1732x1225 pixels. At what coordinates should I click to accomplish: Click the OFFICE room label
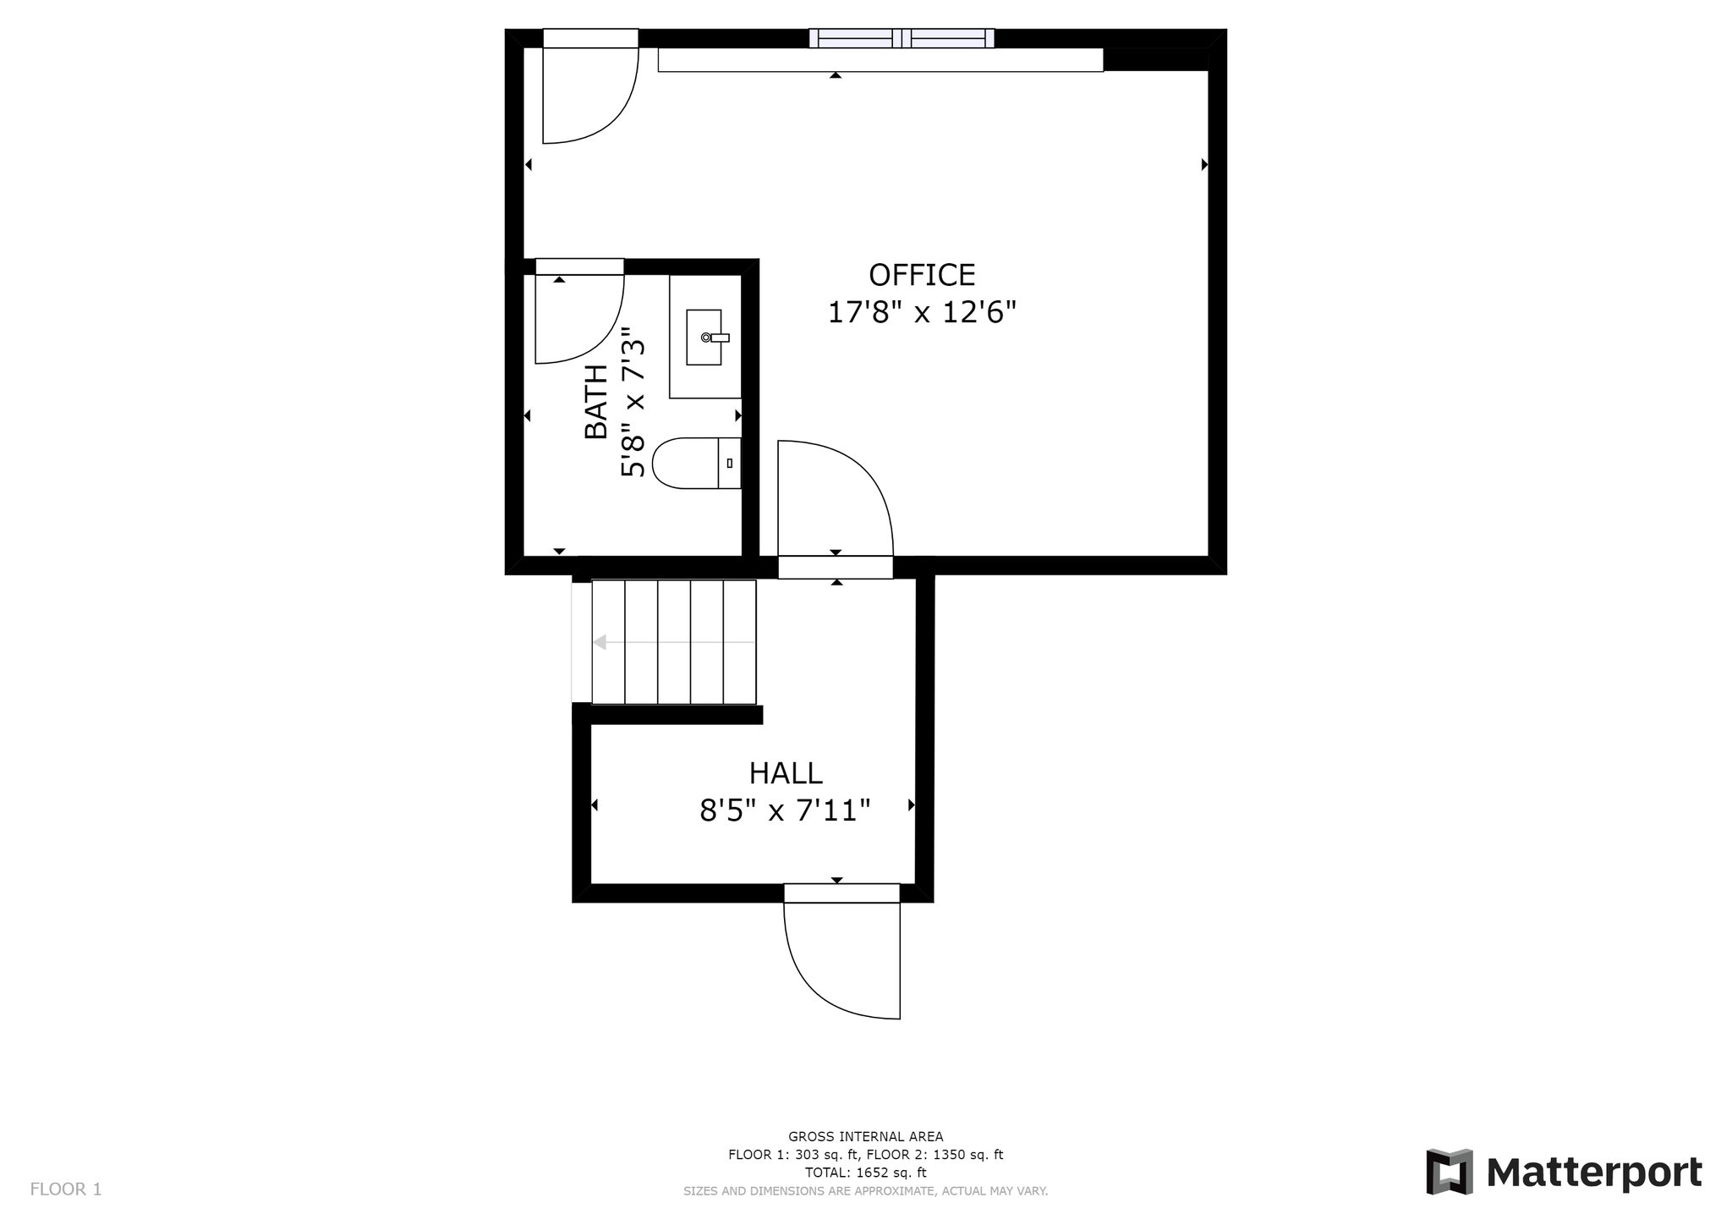click(x=922, y=275)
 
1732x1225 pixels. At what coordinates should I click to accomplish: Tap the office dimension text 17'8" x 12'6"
click(x=921, y=312)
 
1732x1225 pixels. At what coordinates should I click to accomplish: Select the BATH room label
click(x=596, y=402)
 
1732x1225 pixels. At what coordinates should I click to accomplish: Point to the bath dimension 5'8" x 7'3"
click(x=633, y=403)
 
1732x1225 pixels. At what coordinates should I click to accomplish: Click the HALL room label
click(x=786, y=773)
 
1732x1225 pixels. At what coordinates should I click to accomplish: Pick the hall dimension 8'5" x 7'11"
click(x=785, y=810)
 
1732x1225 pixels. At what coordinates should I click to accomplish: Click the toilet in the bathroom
click(x=697, y=463)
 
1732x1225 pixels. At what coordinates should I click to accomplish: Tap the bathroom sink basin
click(x=704, y=338)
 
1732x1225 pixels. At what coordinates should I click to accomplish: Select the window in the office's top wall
click(x=902, y=38)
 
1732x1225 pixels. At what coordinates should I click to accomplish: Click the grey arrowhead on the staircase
click(x=600, y=643)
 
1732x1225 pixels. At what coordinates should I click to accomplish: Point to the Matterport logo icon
click(x=1450, y=1172)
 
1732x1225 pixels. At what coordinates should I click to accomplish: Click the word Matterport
click(x=1594, y=1173)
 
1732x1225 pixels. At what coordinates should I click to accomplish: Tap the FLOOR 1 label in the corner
click(x=66, y=1189)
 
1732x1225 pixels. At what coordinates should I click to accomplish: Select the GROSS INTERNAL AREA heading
click(x=865, y=1137)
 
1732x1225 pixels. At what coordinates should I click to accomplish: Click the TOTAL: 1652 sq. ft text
click(x=865, y=1173)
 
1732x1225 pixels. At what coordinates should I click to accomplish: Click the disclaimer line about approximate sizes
click(x=865, y=1191)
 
